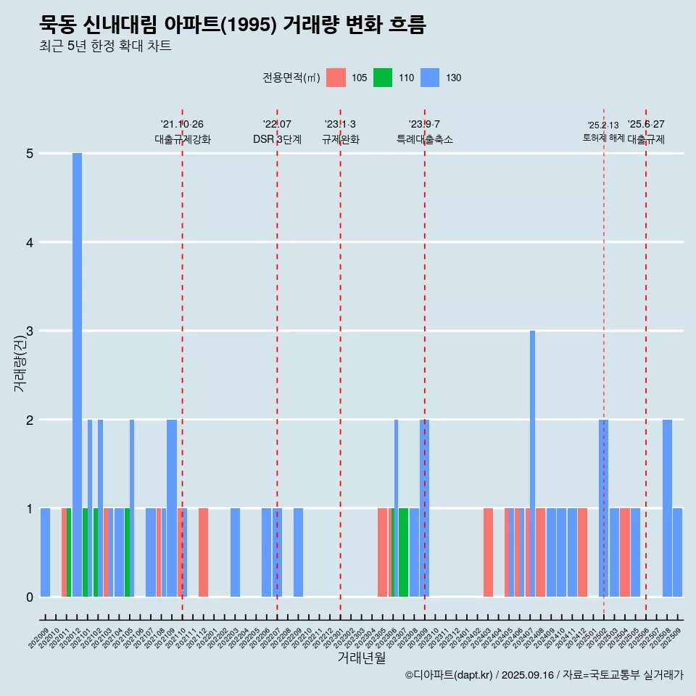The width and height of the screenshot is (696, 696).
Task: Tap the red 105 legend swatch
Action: pos(336,78)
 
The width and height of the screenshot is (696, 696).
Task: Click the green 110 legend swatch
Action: pos(383,78)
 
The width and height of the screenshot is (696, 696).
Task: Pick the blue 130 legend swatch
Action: pos(430,78)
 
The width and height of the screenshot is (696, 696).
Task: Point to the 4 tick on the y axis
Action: pos(30,242)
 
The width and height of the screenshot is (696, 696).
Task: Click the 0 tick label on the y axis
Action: pos(30,597)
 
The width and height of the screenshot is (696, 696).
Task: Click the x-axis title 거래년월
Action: pos(361,658)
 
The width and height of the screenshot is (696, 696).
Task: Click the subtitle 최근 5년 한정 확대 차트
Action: pos(105,46)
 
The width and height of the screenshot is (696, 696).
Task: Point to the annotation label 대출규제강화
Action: pos(182,139)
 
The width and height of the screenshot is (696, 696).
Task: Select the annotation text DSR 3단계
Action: pos(277,139)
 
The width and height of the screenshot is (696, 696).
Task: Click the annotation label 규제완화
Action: pos(340,139)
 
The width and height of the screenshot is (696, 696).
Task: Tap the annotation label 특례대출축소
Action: pos(424,139)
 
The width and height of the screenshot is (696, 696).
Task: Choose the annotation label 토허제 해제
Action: pos(603,138)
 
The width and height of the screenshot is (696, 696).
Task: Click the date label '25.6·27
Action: pos(646,125)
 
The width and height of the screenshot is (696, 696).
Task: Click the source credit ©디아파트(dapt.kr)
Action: pos(449,675)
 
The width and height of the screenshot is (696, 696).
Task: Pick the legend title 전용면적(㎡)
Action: pos(291,78)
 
